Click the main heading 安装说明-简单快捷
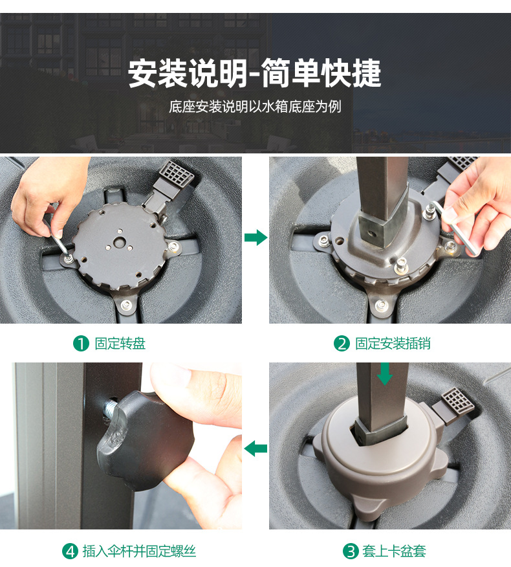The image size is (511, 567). coord(254,73)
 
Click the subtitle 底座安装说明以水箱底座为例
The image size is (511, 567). coord(255,107)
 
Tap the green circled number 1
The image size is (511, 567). coord(81,344)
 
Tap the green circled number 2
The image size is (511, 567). coord(342,344)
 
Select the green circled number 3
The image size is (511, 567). coord(351,551)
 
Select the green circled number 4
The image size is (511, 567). coord(70,551)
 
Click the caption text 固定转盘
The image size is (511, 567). coord(120,344)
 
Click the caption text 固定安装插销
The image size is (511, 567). coord(393,344)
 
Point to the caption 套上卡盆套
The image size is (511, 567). coord(395,551)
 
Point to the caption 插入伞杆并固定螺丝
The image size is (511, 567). coord(139,551)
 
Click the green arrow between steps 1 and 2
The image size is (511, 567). coord(256,237)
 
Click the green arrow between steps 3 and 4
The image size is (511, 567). coord(256,449)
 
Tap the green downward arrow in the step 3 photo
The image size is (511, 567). coord(384,374)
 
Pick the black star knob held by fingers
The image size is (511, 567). coord(144,439)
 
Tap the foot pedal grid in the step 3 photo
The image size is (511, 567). coord(457,401)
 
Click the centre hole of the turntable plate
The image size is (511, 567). coord(118,242)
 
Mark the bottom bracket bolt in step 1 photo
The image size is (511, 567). coord(125,304)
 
